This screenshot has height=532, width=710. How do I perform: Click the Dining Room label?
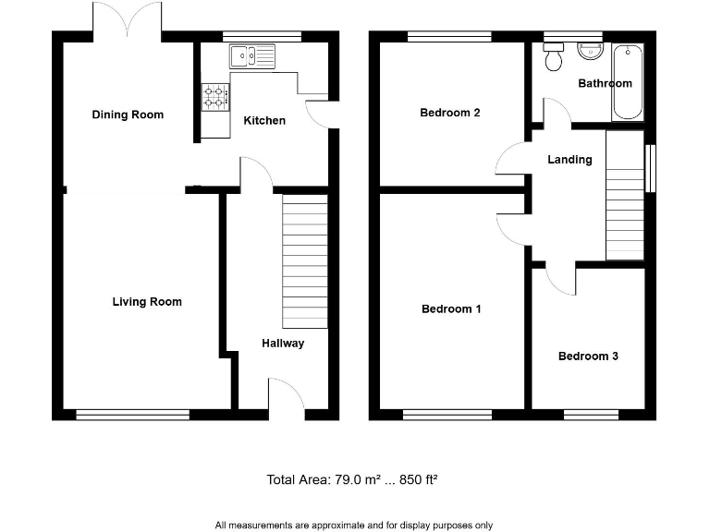128,115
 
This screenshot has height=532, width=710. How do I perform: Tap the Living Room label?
147,301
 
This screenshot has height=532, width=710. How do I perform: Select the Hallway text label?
282,343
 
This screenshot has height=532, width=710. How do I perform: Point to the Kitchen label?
264,120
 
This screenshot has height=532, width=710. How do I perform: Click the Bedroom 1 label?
451,308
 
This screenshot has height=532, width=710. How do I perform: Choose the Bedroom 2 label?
450,113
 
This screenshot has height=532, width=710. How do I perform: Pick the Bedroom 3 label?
588,356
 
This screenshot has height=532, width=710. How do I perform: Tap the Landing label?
569,159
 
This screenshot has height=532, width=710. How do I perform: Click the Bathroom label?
605,83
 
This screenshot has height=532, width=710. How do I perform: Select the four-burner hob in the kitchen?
215,95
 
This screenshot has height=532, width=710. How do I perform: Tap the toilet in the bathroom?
555,59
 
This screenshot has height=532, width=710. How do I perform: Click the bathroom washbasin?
589,52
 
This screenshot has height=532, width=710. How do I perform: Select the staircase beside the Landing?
624,196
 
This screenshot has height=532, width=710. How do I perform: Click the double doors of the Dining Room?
128,20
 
